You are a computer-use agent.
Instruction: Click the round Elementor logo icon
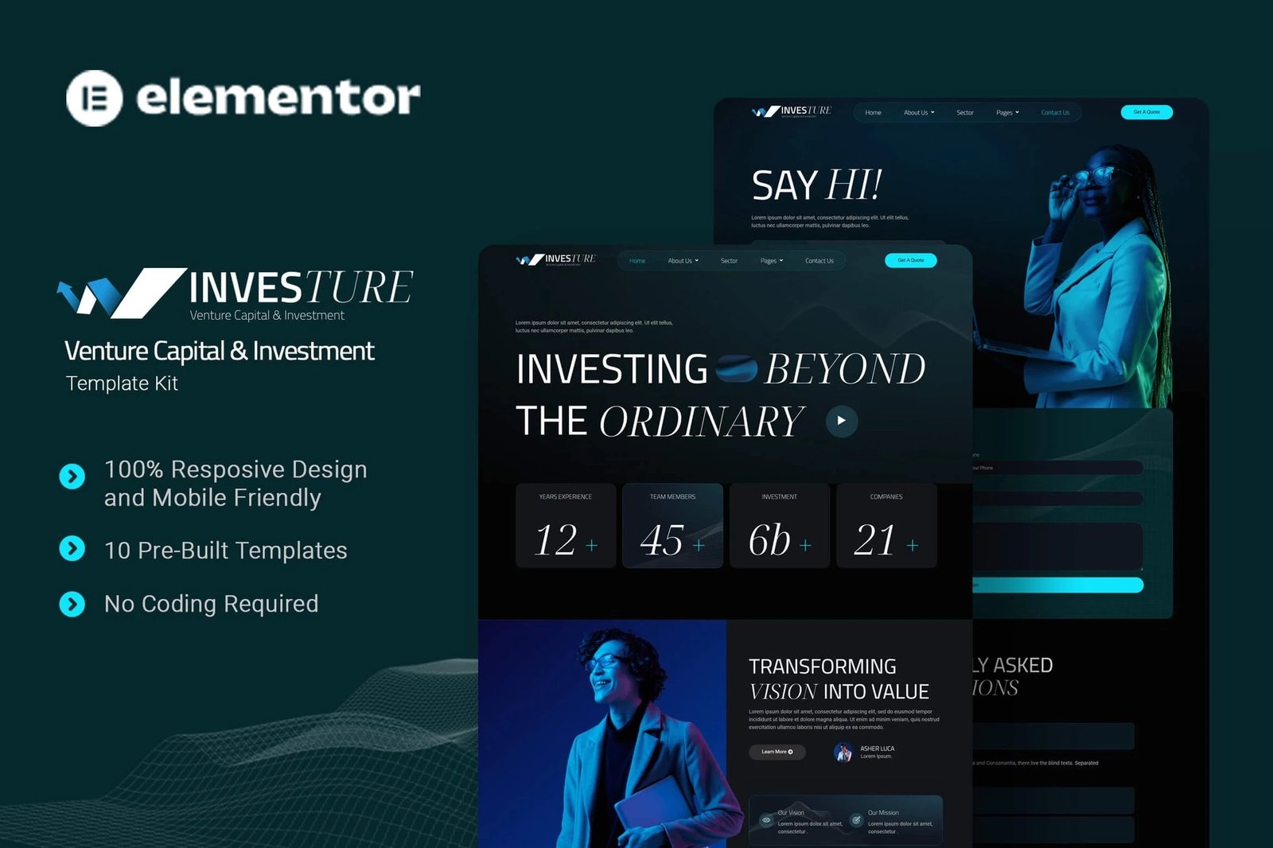tap(95, 99)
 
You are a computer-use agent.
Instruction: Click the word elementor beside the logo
tap(278, 98)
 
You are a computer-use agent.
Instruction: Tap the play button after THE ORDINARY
tap(841, 421)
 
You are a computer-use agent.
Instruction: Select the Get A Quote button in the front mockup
tap(910, 260)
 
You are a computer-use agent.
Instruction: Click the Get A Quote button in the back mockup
tap(1146, 112)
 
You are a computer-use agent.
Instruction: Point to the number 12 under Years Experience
tap(555, 540)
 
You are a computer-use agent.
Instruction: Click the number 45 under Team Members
tap(662, 540)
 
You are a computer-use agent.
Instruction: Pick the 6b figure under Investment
tap(769, 540)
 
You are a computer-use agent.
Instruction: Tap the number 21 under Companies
tap(875, 540)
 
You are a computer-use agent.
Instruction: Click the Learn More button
tap(777, 752)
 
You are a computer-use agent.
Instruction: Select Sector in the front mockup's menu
tap(729, 261)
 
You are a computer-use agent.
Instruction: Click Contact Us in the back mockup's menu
tap(1055, 113)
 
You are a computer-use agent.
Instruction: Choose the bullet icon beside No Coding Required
tap(72, 605)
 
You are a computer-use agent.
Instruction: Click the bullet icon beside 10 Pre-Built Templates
tap(72, 548)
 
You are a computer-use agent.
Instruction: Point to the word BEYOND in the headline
tap(845, 369)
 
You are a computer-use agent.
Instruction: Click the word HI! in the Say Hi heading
tap(854, 185)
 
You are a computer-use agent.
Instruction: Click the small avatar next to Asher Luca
tap(843, 752)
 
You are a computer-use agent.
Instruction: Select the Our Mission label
tap(883, 813)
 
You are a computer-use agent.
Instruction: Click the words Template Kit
tap(122, 383)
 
